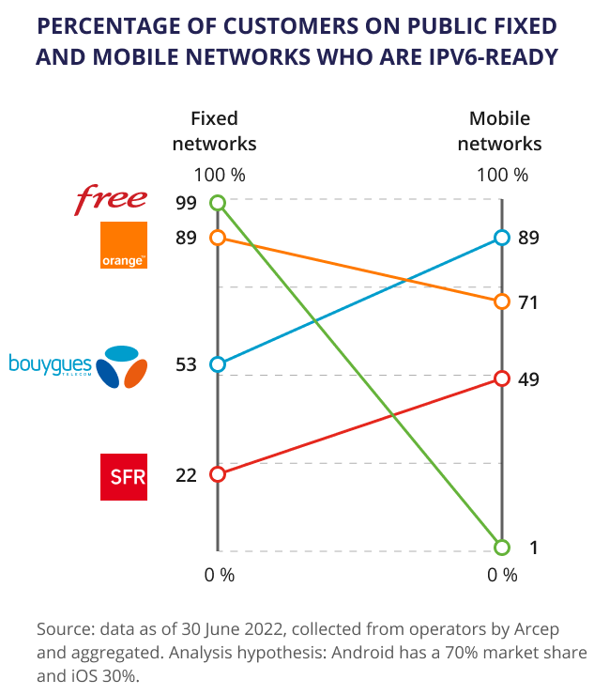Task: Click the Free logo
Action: click(x=111, y=198)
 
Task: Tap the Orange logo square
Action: click(x=124, y=245)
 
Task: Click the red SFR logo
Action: click(x=124, y=477)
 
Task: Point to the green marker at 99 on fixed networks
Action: click(x=218, y=203)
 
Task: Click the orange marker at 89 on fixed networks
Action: click(x=218, y=238)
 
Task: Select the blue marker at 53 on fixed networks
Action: click(x=218, y=364)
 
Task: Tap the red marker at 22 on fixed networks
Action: click(x=218, y=474)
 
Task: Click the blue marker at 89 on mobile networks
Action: click(x=502, y=238)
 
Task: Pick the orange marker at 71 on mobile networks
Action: click(x=502, y=301)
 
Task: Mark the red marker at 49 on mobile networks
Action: click(x=502, y=378)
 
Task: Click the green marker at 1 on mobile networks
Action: click(x=502, y=548)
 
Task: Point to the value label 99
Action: click(x=186, y=203)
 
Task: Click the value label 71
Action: click(x=528, y=301)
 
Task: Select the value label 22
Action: click(x=186, y=475)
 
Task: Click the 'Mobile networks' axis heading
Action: click(x=505, y=131)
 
